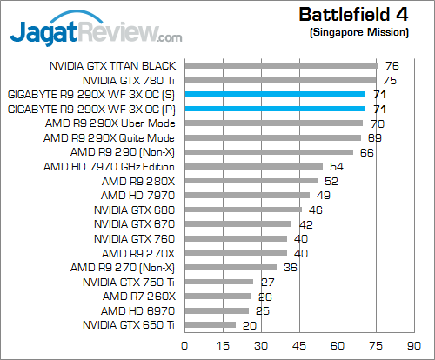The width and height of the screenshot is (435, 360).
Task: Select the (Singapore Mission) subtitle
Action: (x=359, y=31)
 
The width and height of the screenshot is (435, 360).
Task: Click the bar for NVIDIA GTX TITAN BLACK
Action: (x=280, y=65)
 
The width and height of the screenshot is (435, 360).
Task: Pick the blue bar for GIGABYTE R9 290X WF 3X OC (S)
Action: (x=274, y=94)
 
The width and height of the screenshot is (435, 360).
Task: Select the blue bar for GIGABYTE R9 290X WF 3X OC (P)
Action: (x=274, y=109)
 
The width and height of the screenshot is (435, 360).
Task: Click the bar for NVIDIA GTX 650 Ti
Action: (x=209, y=324)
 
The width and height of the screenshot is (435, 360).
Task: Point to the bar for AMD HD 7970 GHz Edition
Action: (x=252, y=166)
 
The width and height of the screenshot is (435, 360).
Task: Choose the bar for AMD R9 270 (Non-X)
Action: (x=230, y=267)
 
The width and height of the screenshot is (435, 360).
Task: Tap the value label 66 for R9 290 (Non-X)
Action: (x=367, y=152)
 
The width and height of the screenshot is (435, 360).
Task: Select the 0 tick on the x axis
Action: (x=184, y=345)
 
